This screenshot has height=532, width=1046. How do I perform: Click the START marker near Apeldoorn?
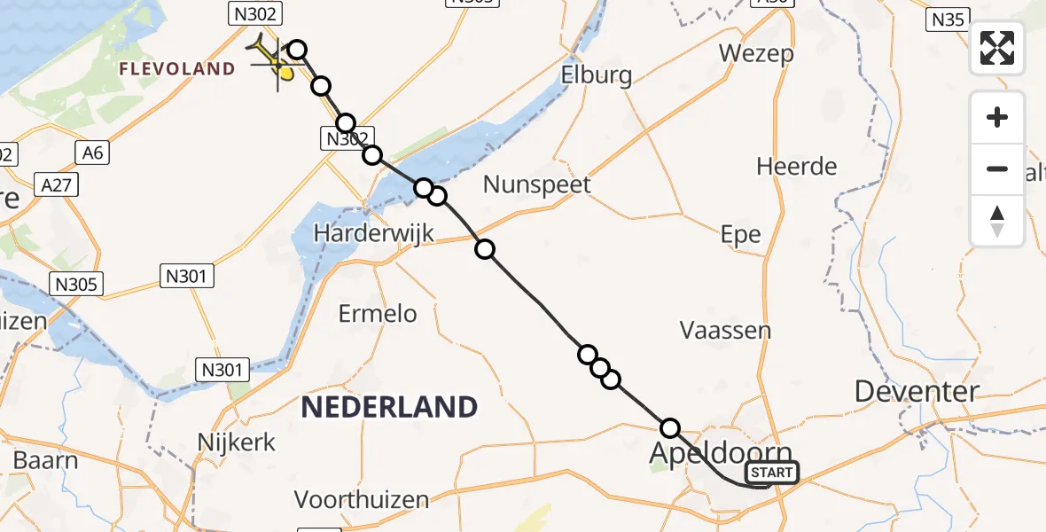pos(772,473)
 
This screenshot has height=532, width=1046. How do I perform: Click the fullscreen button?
pos(997,48)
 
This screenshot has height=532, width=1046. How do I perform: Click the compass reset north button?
pos(997,221)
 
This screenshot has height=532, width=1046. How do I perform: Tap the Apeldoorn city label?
pos(720,452)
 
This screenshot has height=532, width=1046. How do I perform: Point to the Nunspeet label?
pos(537,185)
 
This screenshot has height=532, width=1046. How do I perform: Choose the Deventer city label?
pos(917,391)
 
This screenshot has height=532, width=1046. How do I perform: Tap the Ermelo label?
pos(378,313)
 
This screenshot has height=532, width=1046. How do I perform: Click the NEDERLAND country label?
pos(389,407)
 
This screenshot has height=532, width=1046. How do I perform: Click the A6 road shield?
pos(92,153)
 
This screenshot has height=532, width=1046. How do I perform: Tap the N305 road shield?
pos(77,284)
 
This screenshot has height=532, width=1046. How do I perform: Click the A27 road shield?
pos(56,184)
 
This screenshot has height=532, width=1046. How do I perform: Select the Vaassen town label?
pos(725,331)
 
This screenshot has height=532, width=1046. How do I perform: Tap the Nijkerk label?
pos(237,442)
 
